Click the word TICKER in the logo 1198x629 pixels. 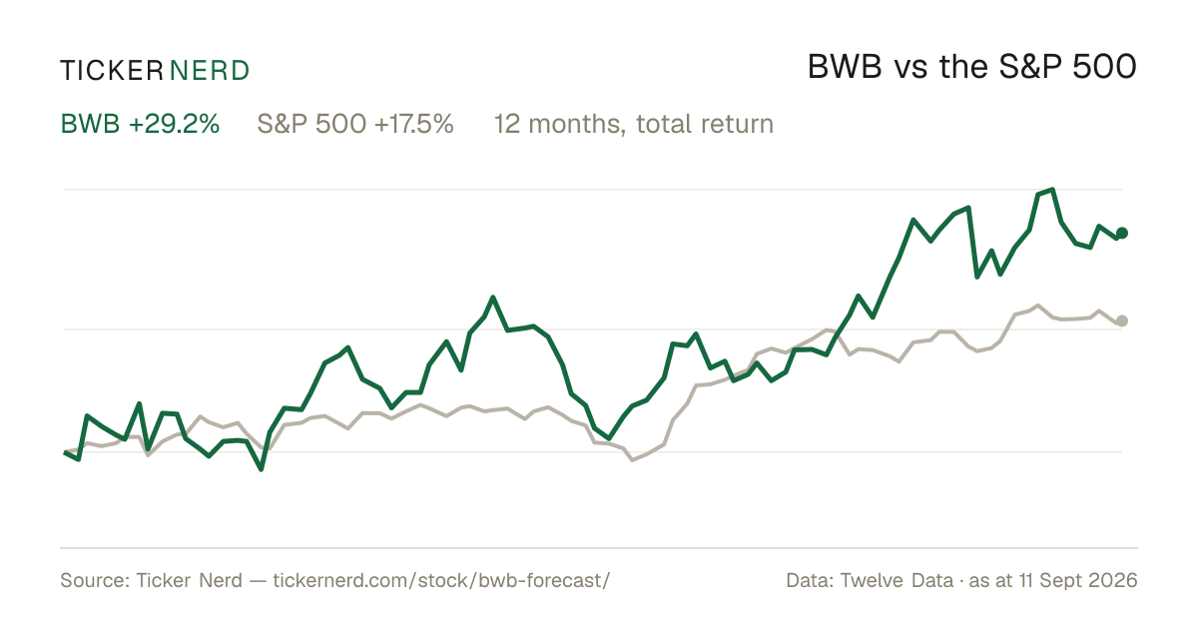(x=111, y=71)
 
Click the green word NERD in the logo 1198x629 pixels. (x=210, y=71)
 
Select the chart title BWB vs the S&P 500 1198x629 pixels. (x=971, y=68)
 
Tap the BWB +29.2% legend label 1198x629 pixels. (x=140, y=124)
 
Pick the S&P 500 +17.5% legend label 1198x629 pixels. (x=355, y=124)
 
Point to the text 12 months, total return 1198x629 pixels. (x=634, y=125)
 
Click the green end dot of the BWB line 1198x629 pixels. (x=1122, y=233)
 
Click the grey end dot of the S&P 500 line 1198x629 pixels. (x=1122, y=320)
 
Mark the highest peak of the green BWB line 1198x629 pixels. (x=1052, y=190)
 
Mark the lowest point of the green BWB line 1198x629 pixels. (x=261, y=469)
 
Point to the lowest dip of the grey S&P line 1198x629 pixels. (x=632, y=459)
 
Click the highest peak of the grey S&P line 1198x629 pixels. (x=1038, y=306)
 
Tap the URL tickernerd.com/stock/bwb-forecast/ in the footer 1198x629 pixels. (x=441, y=580)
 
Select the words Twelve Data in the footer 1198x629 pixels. (x=897, y=580)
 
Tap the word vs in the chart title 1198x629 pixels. (x=910, y=71)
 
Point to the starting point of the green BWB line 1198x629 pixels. (x=65, y=453)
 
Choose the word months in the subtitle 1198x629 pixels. (x=577, y=125)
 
